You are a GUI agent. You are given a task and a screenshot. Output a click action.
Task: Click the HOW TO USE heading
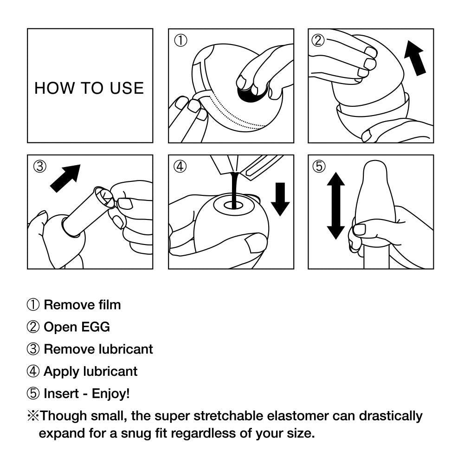(x=89, y=88)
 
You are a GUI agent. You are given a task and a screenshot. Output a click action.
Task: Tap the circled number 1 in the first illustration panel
(x=180, y=41)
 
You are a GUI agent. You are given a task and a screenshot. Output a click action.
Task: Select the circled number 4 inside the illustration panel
(x=180, y=167)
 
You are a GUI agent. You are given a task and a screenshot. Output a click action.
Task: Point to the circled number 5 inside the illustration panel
(x=319, y=167)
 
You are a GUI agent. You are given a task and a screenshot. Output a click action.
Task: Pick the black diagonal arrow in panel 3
(x=65, y=178)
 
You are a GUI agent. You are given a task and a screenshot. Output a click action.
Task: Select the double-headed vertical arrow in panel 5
(x=336, y=206)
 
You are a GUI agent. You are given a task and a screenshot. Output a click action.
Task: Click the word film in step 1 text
(x=110, y=305)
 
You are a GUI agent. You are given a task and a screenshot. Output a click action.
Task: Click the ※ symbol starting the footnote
(x=33, y=416)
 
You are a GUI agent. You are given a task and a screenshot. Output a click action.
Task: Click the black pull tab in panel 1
(x=250, y=93)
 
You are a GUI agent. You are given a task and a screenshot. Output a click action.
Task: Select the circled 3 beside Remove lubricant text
(x=33, y=349)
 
